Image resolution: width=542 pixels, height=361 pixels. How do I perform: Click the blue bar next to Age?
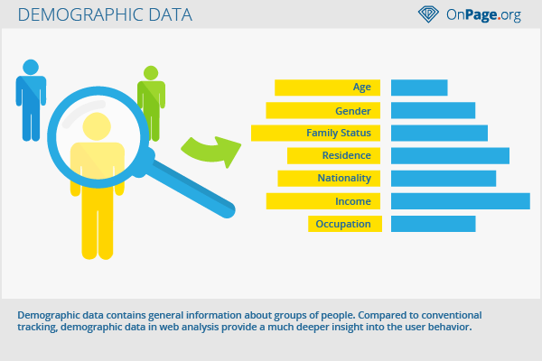coord(419,88)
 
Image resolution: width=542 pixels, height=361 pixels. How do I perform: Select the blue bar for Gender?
coord(433,110)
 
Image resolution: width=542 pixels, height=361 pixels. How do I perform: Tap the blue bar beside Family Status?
coord(439,133)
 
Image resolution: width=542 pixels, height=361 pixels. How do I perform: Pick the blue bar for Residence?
coord(450,155)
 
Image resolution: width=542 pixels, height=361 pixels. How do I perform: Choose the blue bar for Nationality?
coord(444,179)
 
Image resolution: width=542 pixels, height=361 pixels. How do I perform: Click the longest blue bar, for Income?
coord(461,201)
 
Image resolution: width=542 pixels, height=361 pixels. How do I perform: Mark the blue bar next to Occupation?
coord(434,224)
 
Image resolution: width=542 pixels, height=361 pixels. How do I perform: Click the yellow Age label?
coord(327,88)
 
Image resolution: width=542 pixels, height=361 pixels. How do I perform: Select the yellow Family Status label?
coord(315,133)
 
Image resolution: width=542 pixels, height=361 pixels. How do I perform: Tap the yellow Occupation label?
coord(345,224)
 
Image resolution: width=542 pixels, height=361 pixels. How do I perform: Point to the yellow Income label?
coord(323,201)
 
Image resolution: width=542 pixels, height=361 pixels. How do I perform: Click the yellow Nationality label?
coord(329,179)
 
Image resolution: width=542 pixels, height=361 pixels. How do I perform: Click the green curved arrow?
coord(210,152)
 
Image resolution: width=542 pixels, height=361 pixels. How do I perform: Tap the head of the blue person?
coord(31,67)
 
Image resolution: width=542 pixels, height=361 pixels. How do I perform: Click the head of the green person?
coord(151,73)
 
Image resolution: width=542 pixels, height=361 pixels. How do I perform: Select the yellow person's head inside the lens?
coord(97,126)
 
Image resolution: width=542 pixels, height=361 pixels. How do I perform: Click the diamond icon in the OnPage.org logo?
coord(428,14)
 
